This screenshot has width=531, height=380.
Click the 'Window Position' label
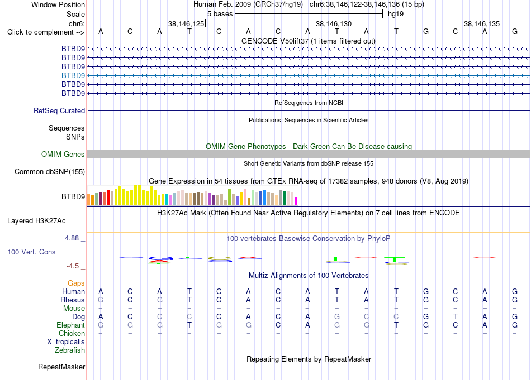58,4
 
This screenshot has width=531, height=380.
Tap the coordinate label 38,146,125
186,23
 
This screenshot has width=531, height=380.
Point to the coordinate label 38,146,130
334,23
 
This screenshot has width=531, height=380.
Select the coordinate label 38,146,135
482,23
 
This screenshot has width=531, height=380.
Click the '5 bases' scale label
220,14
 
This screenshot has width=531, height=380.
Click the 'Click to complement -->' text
46,32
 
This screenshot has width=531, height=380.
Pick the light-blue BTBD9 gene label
73,75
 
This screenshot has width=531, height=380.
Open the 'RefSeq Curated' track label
59,110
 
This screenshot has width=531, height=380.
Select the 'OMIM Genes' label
63,154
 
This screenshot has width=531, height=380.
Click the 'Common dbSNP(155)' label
50,171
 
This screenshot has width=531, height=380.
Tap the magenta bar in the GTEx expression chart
296,201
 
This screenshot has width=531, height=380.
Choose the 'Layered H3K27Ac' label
36,221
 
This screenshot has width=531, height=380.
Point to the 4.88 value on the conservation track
72,238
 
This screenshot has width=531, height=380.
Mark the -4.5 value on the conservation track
73,266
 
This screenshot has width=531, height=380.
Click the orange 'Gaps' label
76,283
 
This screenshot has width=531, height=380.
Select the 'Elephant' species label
71,325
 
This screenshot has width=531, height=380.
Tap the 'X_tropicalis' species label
66,342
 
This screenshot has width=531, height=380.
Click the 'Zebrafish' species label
70,350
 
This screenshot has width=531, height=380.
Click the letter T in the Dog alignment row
456,316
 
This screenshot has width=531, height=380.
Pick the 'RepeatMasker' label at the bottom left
61,367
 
